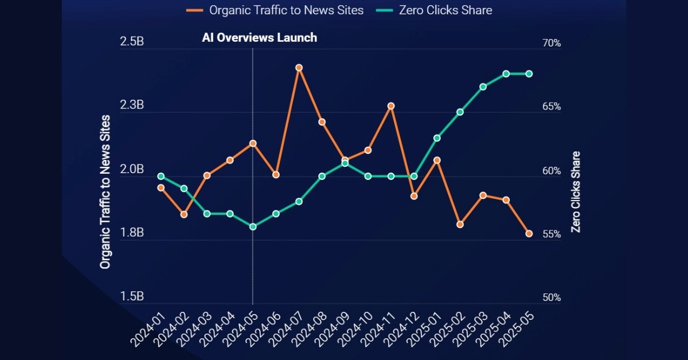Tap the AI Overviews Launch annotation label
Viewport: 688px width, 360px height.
(259, 38)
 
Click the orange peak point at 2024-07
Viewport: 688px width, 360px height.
(299, 68)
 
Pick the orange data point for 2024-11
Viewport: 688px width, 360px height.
(391, 106)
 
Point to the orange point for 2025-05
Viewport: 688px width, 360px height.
(529, 233)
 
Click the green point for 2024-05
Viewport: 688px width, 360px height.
(253, 226)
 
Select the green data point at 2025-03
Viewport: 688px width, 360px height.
(483, 87)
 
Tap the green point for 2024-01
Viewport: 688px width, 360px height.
(161, 176)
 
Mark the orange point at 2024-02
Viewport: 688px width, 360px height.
(184, 214)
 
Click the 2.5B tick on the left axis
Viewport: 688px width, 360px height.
(132, 42)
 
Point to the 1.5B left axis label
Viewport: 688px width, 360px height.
(132, 297)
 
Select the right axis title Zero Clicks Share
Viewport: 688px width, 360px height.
(576, 191)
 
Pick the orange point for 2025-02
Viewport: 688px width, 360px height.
(460, 224)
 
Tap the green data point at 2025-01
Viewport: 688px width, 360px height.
(437, 138)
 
